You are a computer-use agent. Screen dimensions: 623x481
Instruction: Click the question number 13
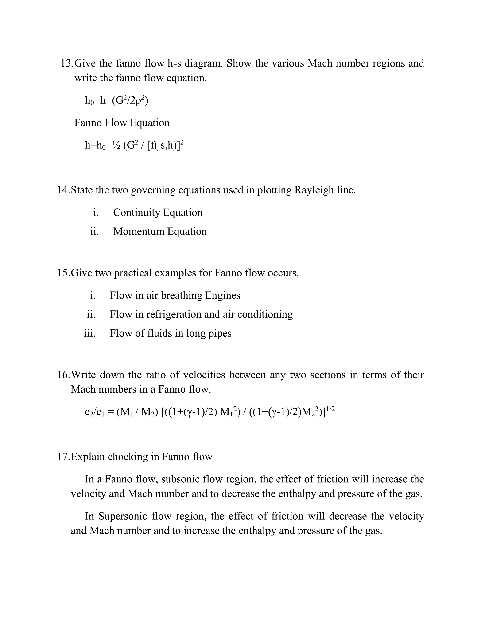point(67,63)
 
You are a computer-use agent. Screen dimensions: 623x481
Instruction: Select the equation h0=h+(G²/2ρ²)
point(116,100)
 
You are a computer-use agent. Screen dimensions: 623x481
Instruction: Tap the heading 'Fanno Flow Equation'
point(122,123)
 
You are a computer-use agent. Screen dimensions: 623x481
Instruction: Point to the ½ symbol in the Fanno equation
point(116,146)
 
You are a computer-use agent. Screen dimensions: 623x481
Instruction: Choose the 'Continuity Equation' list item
point(158,213)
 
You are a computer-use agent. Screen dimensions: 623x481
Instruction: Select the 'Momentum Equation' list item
point(160,231)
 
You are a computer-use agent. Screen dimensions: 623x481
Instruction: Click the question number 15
point(63,273)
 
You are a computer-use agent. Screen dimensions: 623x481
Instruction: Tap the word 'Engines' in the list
point(223,295)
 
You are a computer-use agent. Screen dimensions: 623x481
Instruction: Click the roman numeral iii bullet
point(89,333)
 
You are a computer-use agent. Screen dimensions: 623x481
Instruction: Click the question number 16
point(63,375)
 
